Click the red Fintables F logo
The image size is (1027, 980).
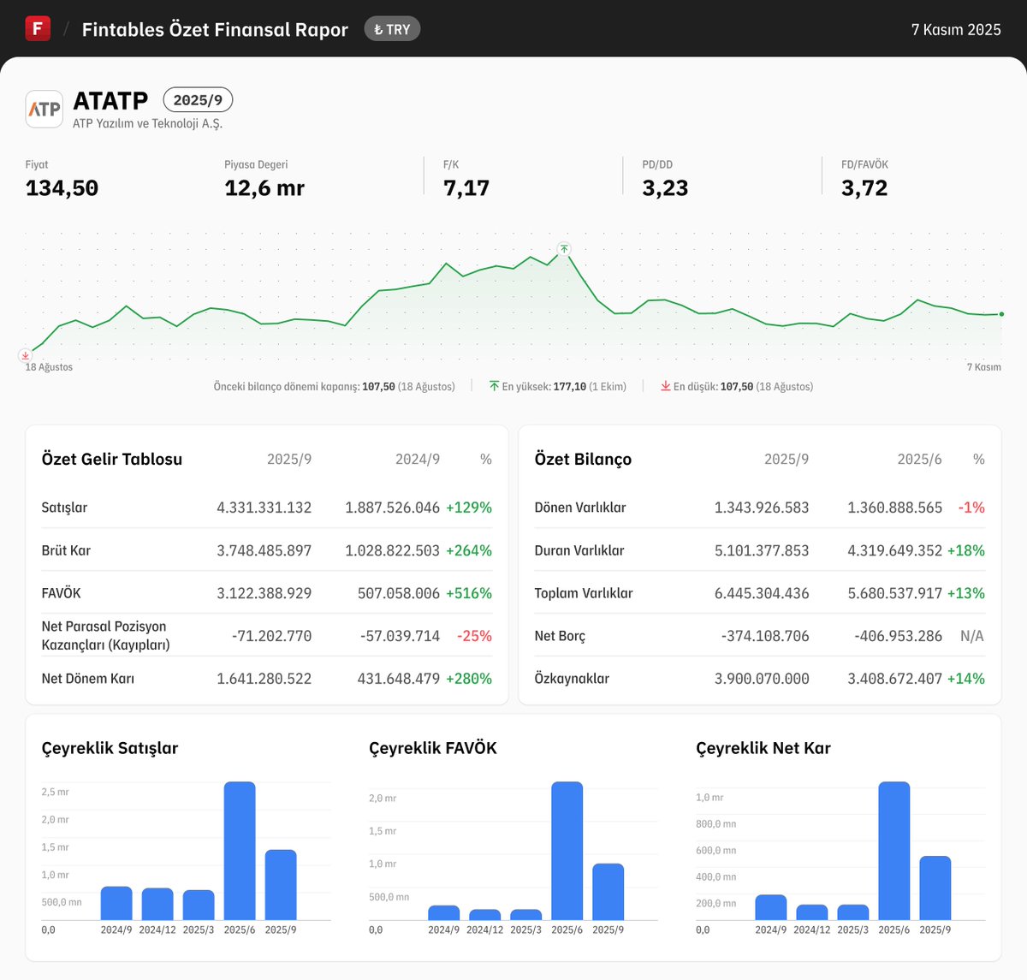click(38, 28)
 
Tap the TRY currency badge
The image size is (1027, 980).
click(392, 29)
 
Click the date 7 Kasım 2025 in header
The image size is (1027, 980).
click(955, 30)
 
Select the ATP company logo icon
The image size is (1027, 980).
click(45, 109)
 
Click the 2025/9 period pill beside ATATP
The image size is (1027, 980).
click(198, 100)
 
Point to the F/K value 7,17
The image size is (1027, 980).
click(466, 188)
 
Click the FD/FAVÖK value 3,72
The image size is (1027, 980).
click(864, 188)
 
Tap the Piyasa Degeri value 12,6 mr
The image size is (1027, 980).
click(264, 188)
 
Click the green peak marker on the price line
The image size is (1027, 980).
click(564, 249)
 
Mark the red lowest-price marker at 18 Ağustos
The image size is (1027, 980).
click(26, 355)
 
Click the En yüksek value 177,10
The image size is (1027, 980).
click(569, 387)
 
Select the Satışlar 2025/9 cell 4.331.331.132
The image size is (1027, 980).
click(264, 508)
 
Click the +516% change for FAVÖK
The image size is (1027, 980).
click(468, 593)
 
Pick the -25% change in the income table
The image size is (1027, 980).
click(474, 636)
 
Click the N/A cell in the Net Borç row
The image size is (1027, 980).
click(971, 636)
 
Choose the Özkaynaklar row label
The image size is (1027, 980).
click(572, 679)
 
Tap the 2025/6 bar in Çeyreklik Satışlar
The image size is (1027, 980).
click(240, 851)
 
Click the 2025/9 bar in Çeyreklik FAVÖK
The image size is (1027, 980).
click(608, 892)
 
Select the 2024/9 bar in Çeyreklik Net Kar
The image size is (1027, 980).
click(770, 907)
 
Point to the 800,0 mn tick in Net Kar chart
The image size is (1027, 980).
click(716, 824)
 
